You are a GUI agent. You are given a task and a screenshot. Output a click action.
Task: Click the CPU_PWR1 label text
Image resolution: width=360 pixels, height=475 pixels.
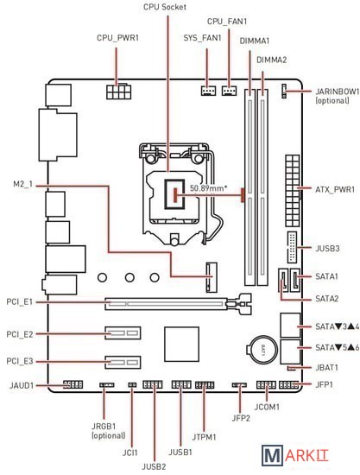click(x=117, y=38)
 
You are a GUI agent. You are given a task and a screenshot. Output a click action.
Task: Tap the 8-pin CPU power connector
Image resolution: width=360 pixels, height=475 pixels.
click(x=118, y=92)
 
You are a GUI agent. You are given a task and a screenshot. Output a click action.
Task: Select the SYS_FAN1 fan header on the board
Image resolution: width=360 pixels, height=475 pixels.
click(x=208, y=91)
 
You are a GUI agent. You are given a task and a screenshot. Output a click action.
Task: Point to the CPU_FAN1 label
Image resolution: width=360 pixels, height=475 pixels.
click(x=227, y=22)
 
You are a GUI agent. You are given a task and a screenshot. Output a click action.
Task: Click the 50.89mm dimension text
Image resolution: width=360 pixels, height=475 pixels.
click(x=208, y=188)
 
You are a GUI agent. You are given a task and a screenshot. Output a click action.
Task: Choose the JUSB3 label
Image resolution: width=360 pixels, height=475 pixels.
click(x=327, y=249)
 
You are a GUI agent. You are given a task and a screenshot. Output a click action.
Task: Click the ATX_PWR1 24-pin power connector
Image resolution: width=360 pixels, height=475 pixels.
click(x=292, y=192)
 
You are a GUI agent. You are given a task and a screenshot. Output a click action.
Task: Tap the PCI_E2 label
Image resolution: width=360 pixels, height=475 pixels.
click(x=20, y=334)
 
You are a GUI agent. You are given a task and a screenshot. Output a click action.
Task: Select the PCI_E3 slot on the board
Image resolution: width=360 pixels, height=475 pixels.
click(x=123, y=362)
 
